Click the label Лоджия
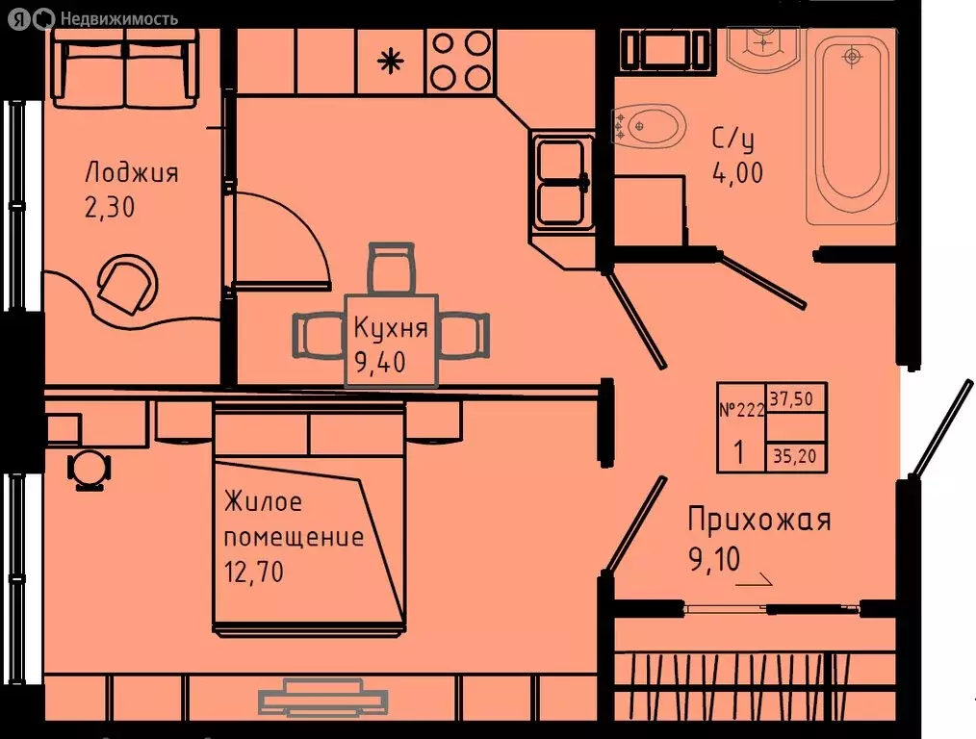[x=132, y=173]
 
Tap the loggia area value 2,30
[x=111, y=208]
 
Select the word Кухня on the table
[x=390, y=328]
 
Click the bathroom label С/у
[x=732, y=140]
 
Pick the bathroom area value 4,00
[x=737, y=174]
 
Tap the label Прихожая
[x=758, y=521]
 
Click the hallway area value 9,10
[x=713, y=558]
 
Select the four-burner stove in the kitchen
[x=460, y=60]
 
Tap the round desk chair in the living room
[x=88, y=470]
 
